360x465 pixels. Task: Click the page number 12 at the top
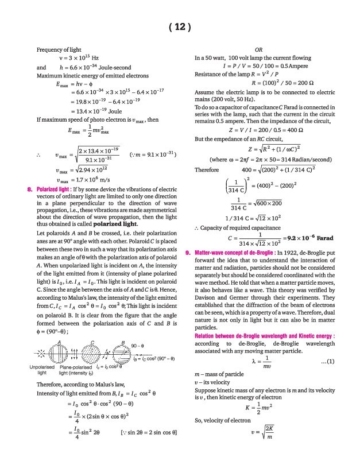click(180, 26)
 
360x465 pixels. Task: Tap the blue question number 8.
click(30, 188)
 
